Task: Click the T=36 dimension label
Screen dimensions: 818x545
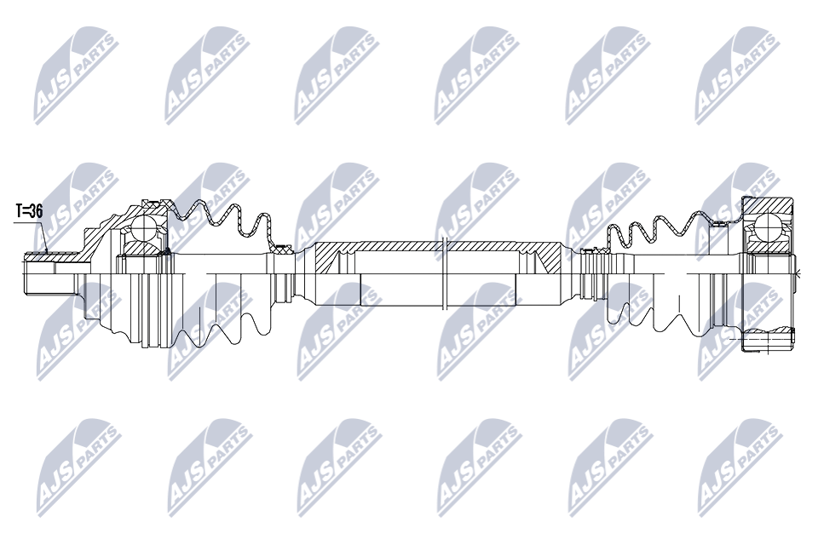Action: click(29, 211)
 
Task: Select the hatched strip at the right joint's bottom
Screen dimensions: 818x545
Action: click(768, 333)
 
